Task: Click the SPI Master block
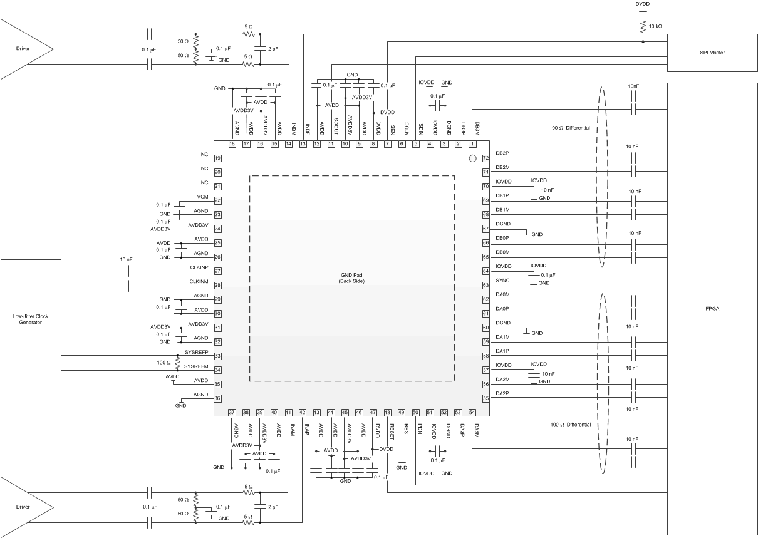[712, 53]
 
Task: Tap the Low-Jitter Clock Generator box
[31, 319]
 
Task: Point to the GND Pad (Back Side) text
[351, 278]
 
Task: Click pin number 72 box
[485, 158]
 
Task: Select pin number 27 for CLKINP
[218, 271]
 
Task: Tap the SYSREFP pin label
[197, 352]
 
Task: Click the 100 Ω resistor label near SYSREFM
[164, 363]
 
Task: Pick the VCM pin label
[202, 197]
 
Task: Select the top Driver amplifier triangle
[25, 48]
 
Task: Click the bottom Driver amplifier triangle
[25, 506]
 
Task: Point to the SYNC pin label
[502, 279]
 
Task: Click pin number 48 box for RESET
[388, 412]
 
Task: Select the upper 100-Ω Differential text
[569, 128]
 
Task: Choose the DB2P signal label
[502, 153]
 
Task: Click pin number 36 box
[218, 398]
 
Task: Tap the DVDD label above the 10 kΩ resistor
[643, 4]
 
